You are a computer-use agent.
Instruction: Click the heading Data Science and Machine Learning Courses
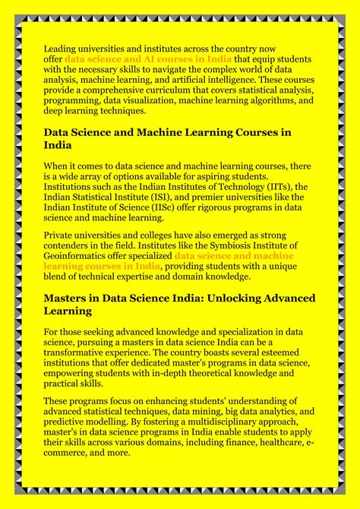(x=167, y=132)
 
